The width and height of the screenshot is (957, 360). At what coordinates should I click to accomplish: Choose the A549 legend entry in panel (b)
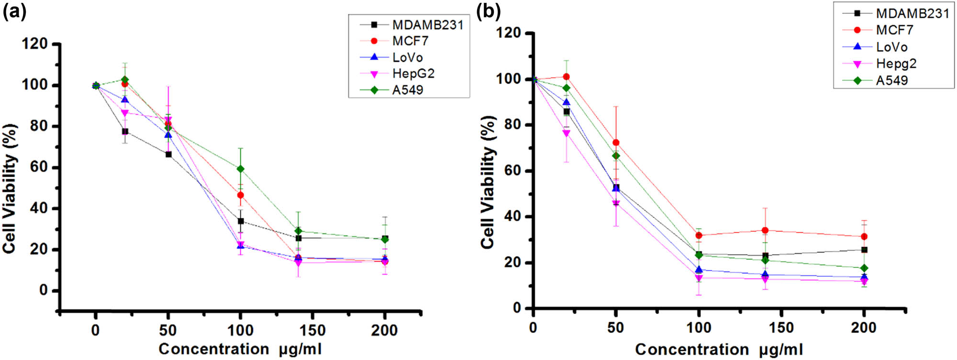[891, 80]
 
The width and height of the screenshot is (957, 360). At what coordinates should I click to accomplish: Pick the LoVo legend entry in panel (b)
[891, 47]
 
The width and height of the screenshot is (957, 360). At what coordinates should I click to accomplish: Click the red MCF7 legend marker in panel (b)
[857, 30]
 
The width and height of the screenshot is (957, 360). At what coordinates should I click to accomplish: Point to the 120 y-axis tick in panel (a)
[34, 44]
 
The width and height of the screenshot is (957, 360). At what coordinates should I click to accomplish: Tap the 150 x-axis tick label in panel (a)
[312, 330]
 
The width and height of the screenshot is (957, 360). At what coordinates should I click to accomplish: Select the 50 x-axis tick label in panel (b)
[616, 328]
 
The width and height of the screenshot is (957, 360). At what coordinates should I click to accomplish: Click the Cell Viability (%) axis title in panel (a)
[11, 188]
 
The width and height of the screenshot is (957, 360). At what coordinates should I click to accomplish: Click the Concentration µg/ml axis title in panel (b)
[719, 349]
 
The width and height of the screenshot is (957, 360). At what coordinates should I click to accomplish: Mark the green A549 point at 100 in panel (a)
[240, 169]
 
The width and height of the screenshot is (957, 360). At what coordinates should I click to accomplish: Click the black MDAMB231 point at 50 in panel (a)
[168, 154]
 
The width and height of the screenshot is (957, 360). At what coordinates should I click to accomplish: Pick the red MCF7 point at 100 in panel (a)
[240, 195]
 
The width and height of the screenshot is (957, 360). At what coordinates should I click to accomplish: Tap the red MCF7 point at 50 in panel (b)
[616, 143]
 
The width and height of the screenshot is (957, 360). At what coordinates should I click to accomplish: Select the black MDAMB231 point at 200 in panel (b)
[864, 250]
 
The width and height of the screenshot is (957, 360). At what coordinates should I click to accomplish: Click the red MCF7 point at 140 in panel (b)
[765, 230]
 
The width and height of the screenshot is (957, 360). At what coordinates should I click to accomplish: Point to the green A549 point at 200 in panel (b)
[864, 268]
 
